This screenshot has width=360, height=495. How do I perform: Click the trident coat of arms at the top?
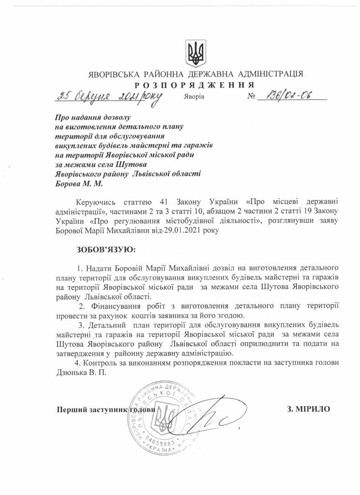(x=195, y=54)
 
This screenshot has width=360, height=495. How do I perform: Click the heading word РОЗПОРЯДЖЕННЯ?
(x=195, y=84)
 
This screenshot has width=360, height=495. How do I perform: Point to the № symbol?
(x=251, y=97)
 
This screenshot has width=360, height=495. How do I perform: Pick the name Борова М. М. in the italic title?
(x=79, y=184)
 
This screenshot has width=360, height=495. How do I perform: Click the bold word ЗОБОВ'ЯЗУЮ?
(x=107, y=250)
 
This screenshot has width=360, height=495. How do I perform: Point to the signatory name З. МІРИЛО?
(x=309, y=409)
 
